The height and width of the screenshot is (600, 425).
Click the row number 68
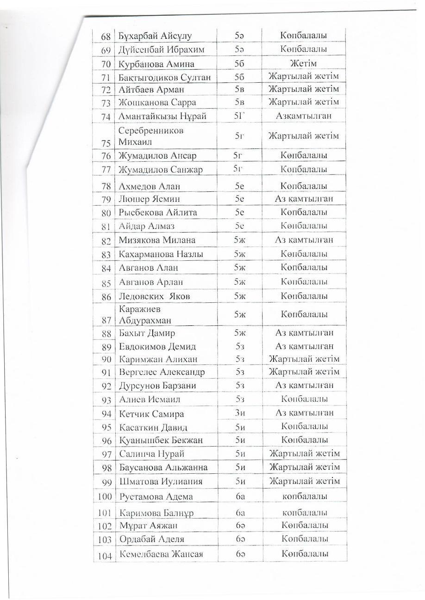[106, 36]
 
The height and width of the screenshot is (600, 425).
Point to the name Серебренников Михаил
[151, 136]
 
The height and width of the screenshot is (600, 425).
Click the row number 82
[106, 240]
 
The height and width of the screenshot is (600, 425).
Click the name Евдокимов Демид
[157, 346]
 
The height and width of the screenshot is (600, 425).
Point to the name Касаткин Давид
[153, 427]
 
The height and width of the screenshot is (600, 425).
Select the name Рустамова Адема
[156, 497]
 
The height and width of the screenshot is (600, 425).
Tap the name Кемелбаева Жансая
[161, 554]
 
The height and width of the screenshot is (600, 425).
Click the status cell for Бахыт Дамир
[304, 332]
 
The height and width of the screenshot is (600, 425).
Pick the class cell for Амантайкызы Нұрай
[239, 116]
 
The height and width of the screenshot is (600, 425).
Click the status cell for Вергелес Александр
[304, 372]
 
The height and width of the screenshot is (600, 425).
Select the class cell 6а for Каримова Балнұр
[240, 513]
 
